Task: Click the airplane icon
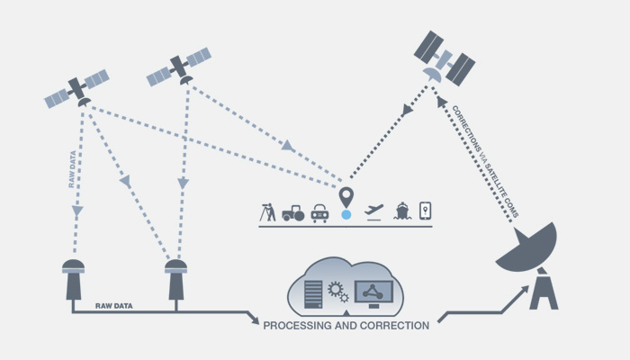374,211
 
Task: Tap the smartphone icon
427,211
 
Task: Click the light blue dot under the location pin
346,216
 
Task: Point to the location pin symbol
346,196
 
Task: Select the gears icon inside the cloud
338,291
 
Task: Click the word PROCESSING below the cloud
303,323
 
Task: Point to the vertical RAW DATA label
71,171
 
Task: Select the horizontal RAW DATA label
114,306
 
